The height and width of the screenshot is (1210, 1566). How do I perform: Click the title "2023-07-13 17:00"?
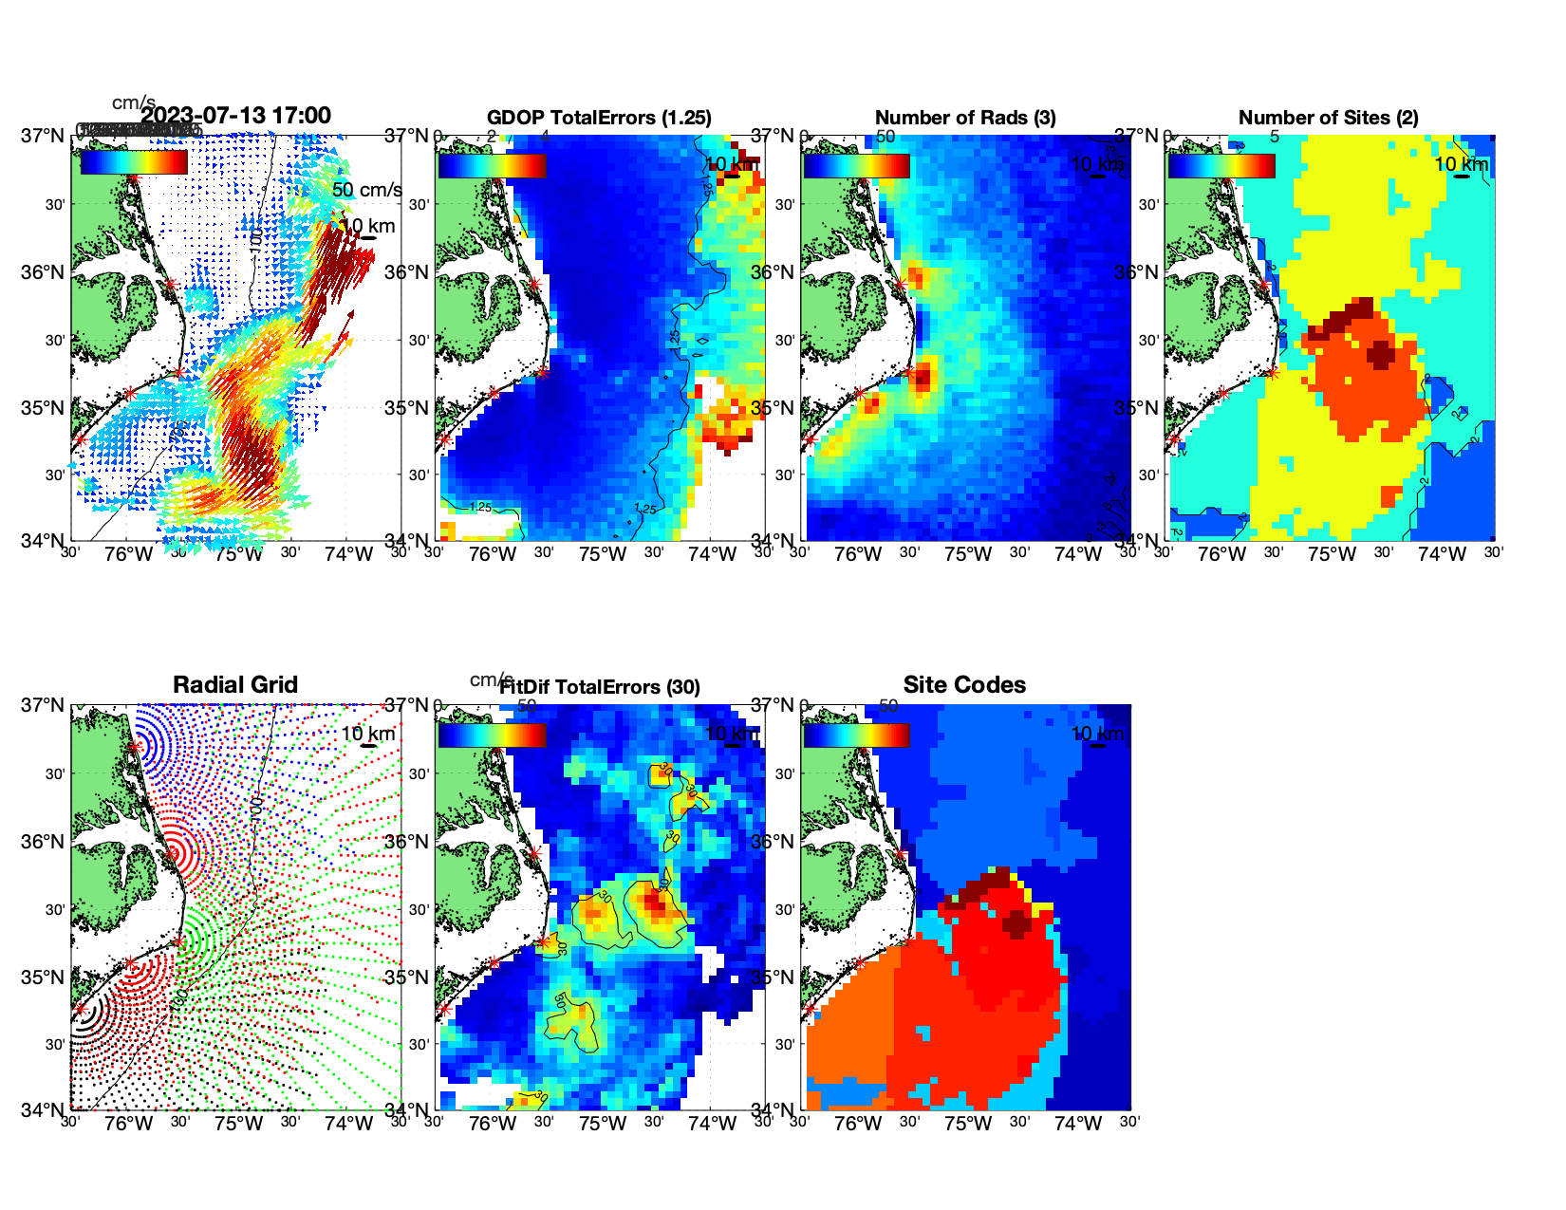click(236, 116)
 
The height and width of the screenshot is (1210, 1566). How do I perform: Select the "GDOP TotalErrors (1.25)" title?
click(599, 118)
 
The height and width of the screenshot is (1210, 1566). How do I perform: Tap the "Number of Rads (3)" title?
click(965, 118)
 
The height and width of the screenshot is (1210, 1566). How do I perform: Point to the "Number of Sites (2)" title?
click(1328, 118)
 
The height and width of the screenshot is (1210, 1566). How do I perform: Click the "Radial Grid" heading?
click(235, 685)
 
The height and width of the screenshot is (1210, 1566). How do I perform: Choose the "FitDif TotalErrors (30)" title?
click(600, 687)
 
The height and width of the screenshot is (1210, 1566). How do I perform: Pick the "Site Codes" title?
click(964, 685)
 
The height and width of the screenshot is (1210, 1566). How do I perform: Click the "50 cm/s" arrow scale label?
click(366, 190)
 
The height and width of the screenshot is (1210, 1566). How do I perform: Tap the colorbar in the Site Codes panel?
click(857, 735)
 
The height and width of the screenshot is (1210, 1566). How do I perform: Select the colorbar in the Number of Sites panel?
click(1221, 166)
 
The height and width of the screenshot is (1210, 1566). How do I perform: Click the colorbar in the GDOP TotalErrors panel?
click(493, 166)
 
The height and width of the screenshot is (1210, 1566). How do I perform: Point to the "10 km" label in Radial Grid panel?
click(367, 734)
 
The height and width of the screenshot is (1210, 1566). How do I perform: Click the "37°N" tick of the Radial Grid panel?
click(43, 705)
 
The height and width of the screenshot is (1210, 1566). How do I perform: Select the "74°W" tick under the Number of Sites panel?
click(1442, 555)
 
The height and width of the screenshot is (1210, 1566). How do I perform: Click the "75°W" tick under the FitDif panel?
click(603, 1125)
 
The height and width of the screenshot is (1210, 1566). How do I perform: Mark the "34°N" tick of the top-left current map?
click(43, 541)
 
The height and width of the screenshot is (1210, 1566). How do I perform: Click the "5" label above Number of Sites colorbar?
click(1274, 137)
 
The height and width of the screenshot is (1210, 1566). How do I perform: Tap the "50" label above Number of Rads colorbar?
click(886, 137)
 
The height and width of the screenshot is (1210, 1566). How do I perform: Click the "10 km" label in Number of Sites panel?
click(1461, 164)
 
